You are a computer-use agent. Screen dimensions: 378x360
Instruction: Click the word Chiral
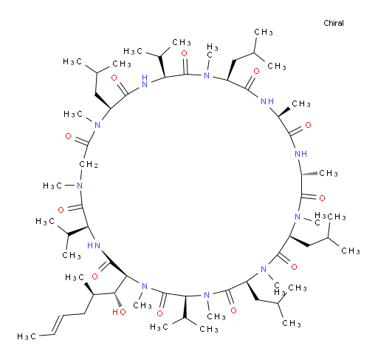click(334, 23)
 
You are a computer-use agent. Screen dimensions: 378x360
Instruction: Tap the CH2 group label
click(89, 164)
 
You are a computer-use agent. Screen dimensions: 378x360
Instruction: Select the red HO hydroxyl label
click(119, 312)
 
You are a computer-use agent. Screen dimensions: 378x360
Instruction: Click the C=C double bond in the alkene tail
click(58, 325)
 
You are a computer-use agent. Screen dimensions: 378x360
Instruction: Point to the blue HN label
click(94, 245)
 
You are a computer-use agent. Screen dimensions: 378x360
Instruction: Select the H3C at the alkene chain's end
click(27, 336)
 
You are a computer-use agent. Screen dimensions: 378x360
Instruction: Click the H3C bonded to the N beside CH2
click(52, 186)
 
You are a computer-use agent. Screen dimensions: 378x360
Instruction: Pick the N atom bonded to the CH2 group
click(80, 186)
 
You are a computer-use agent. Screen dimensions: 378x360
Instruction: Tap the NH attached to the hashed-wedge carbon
click(300, 154)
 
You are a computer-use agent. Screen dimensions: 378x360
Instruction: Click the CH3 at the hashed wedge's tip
click(329, 173)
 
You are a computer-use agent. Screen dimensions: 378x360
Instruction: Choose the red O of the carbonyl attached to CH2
click(68, 136)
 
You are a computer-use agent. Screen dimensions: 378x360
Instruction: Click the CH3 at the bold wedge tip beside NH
click(301, 103)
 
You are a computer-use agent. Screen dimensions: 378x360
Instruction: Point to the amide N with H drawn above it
click(145, 81)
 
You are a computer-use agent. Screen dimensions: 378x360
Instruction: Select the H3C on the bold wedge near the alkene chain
click(75, 277)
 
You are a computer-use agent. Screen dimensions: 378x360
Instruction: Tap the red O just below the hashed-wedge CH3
click(322, 198)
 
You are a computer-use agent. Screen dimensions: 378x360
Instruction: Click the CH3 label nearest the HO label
click(142, 305)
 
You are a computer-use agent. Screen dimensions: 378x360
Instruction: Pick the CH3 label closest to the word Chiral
click(264, 32)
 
